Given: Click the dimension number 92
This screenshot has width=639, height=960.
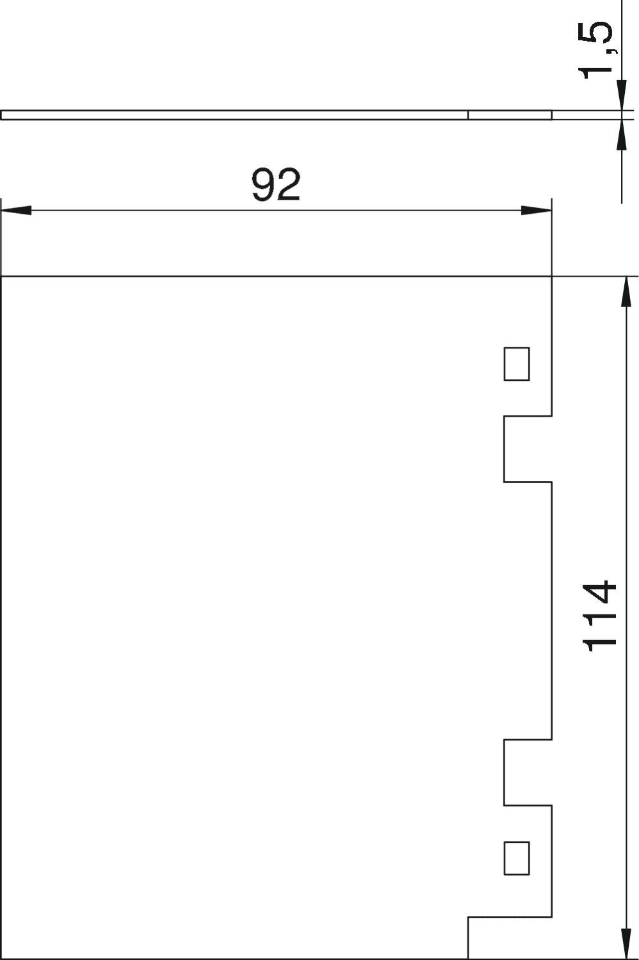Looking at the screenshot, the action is (276, 185).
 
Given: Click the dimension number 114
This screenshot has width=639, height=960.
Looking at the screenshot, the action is (599, 616).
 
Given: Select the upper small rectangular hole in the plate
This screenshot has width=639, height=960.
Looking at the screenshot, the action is (516, 364).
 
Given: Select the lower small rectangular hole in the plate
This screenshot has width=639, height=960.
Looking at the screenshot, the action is (516, 858).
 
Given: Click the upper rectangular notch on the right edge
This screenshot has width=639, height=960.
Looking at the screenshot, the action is (528, 449).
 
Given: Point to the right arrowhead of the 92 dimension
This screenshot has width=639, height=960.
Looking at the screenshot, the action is (536, 211).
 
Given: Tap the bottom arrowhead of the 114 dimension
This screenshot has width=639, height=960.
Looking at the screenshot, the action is (626, 944).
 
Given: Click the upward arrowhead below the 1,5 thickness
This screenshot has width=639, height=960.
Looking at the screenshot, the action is (622, 134).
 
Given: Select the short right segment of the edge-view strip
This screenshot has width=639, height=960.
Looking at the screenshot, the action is (510, 115).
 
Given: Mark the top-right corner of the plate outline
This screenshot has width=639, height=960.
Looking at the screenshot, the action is (551, 277).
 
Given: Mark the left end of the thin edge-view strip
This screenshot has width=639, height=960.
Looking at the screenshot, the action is (1, 115).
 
